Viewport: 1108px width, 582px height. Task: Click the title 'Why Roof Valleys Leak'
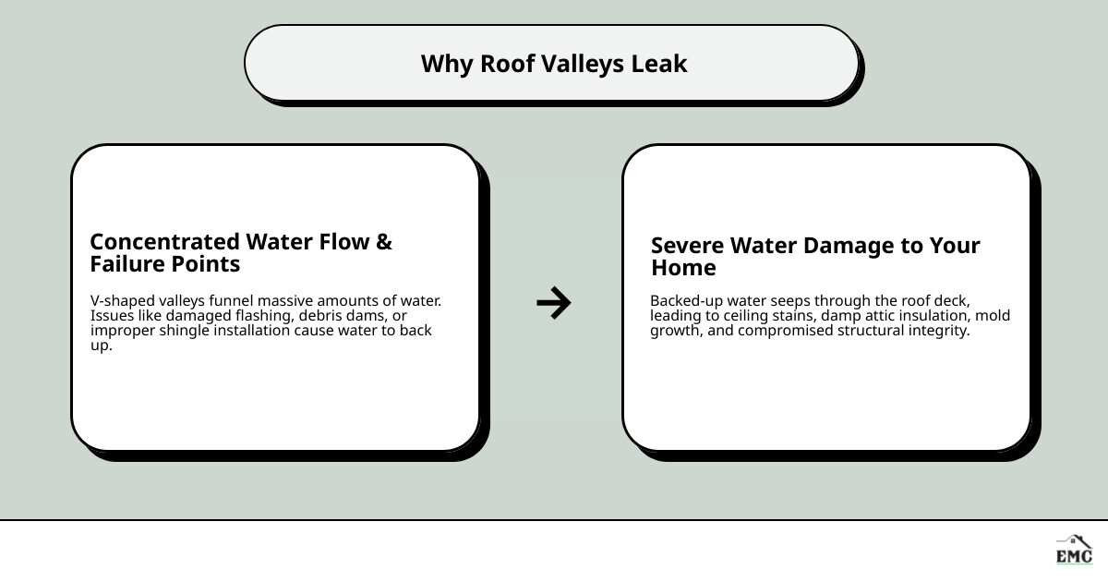554,64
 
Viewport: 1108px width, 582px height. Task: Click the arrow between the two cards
554,302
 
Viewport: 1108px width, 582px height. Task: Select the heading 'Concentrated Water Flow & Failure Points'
241,253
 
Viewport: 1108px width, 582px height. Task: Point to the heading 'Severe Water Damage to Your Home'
815,257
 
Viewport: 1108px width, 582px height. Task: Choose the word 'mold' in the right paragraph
994,316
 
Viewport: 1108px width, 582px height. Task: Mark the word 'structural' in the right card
872,331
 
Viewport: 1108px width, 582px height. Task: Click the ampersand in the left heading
384,242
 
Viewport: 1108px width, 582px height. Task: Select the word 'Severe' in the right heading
688,246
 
